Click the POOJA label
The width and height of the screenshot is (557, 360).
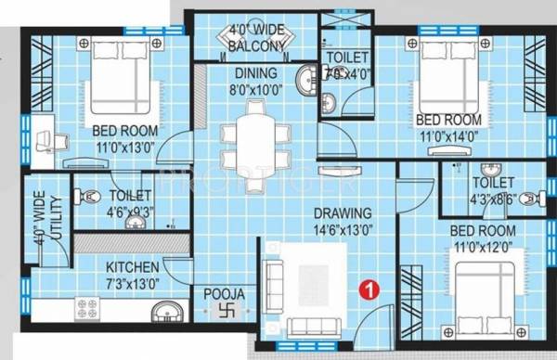coord(225,295)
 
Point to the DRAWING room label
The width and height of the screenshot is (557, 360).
coord(342,213)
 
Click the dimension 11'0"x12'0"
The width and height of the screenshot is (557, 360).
coord(482,244)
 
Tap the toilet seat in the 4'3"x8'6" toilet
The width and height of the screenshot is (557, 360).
coord(527,198)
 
